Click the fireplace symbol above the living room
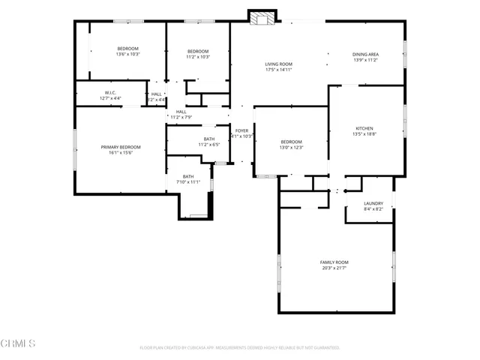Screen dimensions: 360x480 pyautogui.click(x=262, y=18)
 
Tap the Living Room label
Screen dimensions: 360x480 pyautogui.click(x=278, y=64)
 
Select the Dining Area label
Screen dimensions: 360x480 pyautogui.click(x=365, y=54)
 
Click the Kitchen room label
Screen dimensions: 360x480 pyautogui.click(x=364, y=128)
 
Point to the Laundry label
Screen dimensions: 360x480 pyautogui.click(x=373, y=203)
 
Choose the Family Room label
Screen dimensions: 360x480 pyautogui.click(x=335, y=262)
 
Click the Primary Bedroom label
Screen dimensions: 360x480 pyautogui.click(x=121, y=147)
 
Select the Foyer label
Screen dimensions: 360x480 pyautogui.click(x=241, y=130)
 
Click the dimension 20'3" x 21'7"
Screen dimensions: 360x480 pyautogui.click(x=335, y=268)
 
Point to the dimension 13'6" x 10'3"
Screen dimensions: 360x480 pyautogui.click(x=128, y=54)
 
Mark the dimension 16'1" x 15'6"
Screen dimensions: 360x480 pyautogui.click(x=121, y=153)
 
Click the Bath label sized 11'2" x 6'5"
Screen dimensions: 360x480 pyautogui.click(x=208, y=139)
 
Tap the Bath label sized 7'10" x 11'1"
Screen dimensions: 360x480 pyautogui.click(x=188, y=176)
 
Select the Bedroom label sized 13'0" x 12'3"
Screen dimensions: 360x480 pyautogui.click(x=291, y=142)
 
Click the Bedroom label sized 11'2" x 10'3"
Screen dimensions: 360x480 pyautogui.click(x=198, y=50)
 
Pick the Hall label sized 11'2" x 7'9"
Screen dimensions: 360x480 pyautogui.click(x=181, y=112)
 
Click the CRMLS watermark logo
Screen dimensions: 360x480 pyautogui.click(x=19, y=343)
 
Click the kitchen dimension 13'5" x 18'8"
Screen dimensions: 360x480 pyautogui.click(x=364, y=134)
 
